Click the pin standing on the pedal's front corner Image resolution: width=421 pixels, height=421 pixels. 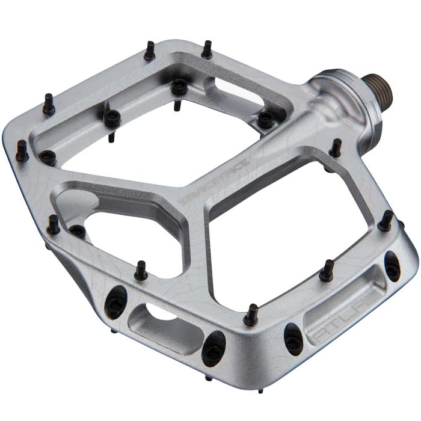pos(253,313)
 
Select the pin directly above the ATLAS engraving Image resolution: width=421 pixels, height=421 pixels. pos(328,268)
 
